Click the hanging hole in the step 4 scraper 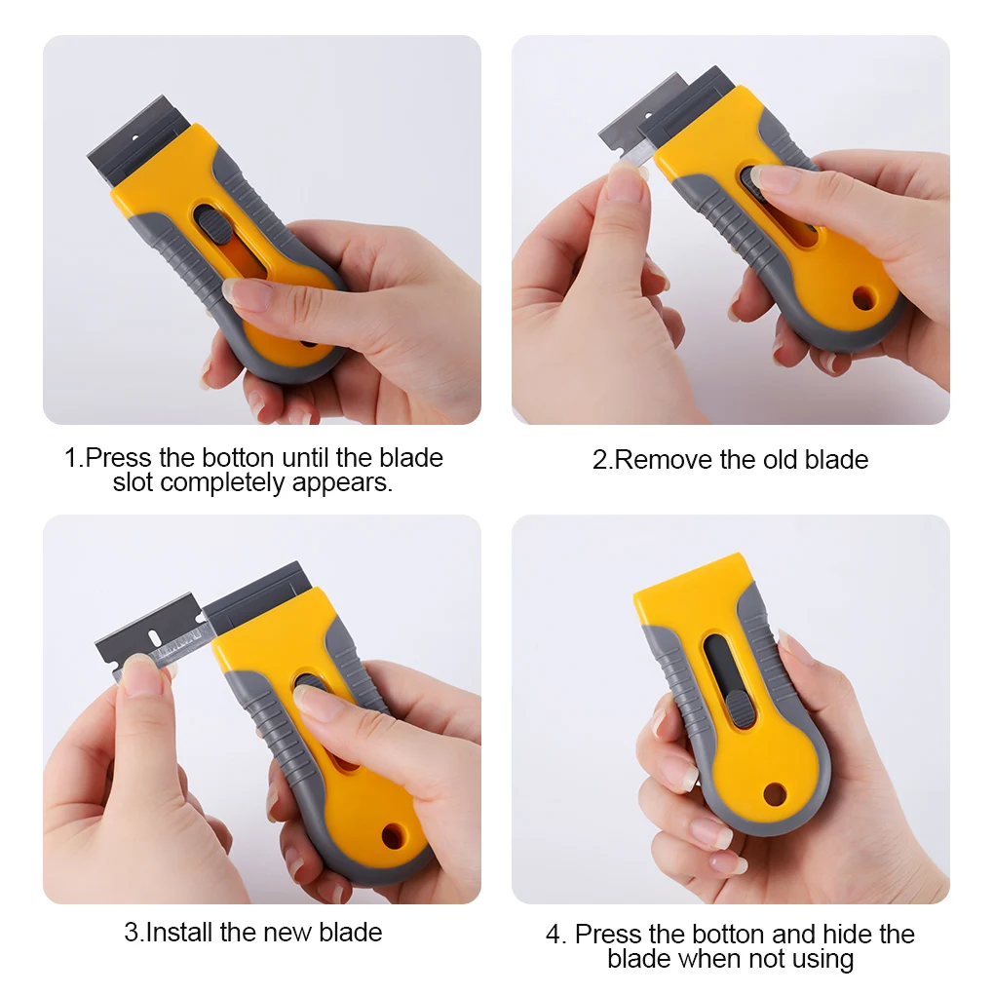click(x=775, y=793)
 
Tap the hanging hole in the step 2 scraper click(x=863, y=298)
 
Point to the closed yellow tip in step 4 click(x=690, y=580)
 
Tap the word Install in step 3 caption click(x=179, y=932)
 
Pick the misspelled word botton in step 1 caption click(x=239, y=457)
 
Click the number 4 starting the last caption click(x=554, y=935)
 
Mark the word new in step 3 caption click(x=285, y=932)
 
